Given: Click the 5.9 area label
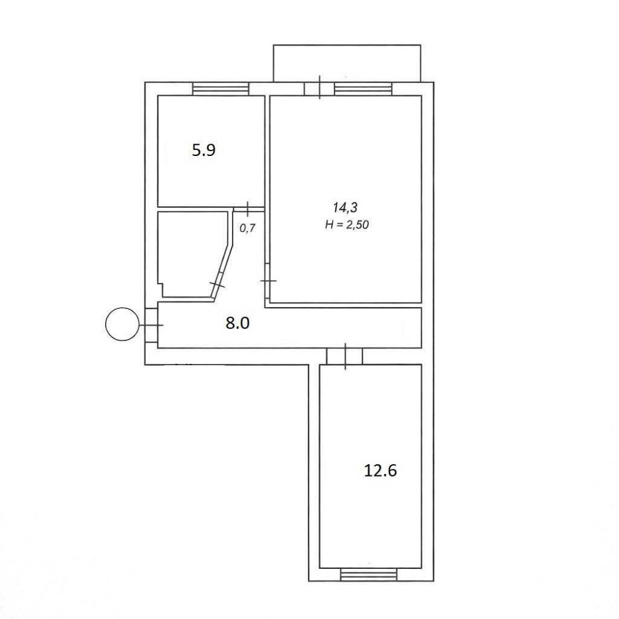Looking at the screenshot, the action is [x=203, y=150].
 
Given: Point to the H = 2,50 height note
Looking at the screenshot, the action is [x=347, y=225].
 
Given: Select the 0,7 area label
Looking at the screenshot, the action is [x=248, y=228].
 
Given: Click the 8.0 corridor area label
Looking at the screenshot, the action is [x=238, y=323].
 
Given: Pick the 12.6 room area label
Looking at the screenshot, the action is [x=380, y=470].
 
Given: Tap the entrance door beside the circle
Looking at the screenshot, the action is [x=152, y=325].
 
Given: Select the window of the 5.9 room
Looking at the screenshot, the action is [x=221, y=89].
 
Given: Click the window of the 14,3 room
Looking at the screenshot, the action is [x=363, y=89].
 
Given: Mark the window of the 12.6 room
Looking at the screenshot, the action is [x=369, y=575].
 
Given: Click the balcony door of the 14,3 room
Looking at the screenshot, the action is [x=319, y=88].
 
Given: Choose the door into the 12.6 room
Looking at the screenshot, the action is [x=345, y=357].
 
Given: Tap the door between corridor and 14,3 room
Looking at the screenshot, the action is [x=267, y=281].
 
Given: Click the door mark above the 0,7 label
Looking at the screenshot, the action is [x=248, y=209].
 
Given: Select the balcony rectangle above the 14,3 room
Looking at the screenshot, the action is [x=347, y=63].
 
